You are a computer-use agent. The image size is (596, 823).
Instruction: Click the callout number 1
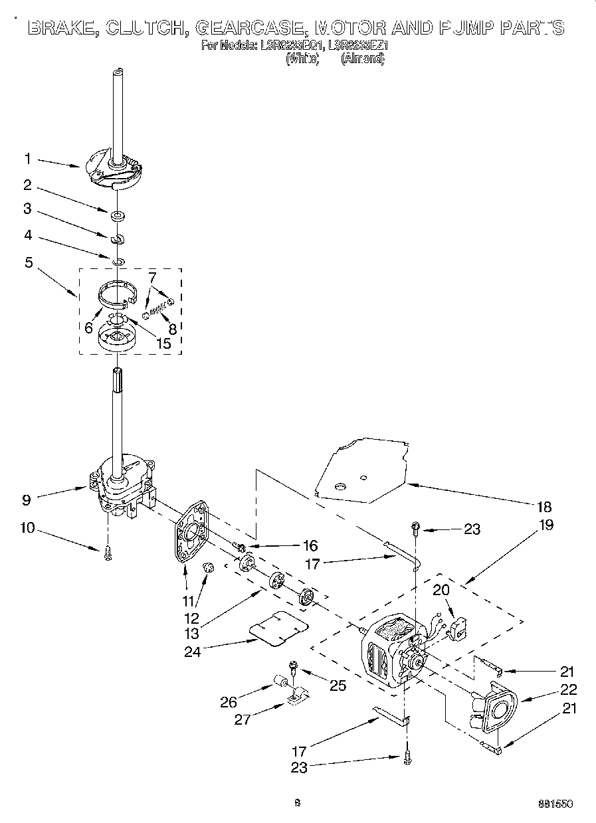coord(27,159)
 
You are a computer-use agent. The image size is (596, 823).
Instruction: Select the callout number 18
coord(544,507)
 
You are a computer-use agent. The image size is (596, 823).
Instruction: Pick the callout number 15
coord(161,343)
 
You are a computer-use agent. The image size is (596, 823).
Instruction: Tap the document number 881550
coord(555,803)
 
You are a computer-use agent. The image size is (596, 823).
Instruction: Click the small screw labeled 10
coord(108,553)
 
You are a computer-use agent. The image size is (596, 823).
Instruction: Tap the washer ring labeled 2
coord(118,215)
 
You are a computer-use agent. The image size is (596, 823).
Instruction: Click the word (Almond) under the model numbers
coord(363,58)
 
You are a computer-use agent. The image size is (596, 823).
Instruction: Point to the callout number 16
coord(310,546)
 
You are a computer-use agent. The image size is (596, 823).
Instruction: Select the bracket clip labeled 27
coord(297,697)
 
